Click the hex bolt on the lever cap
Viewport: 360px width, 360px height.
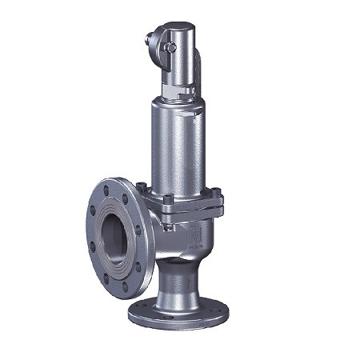click(x=170, y=48)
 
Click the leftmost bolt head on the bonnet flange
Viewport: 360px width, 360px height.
click(x=141, y=188)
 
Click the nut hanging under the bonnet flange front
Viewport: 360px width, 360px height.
click(x=169, y=226)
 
